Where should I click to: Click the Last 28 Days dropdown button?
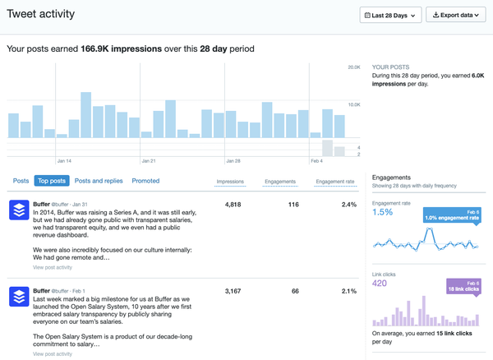[390, 15]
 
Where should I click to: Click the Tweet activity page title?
[40, 14]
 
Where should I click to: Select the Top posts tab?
[51, 181]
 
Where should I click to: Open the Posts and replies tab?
[99, 181]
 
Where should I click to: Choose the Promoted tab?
[145, 181]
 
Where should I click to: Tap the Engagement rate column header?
[335, 182]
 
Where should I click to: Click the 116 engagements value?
[293, 205]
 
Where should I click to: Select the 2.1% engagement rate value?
[348, 291]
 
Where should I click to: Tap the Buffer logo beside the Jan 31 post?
[19, 210]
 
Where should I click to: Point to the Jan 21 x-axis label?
[149, 161]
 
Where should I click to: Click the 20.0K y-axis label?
[354, 67]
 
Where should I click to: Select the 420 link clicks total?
[380, 284]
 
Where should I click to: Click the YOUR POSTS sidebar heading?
[390, 66]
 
